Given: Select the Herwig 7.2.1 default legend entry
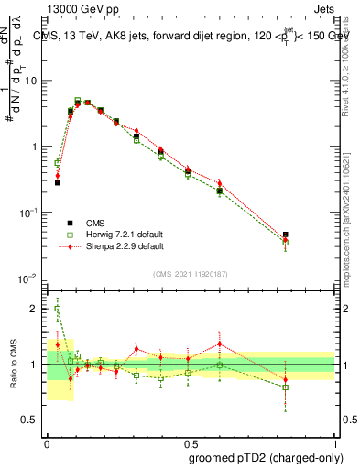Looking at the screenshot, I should (112, 234).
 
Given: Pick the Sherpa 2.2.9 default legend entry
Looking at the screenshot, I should (112, 246).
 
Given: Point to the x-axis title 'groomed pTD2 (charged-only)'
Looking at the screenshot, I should (266, 457).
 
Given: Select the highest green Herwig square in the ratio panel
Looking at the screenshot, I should (58, 309).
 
